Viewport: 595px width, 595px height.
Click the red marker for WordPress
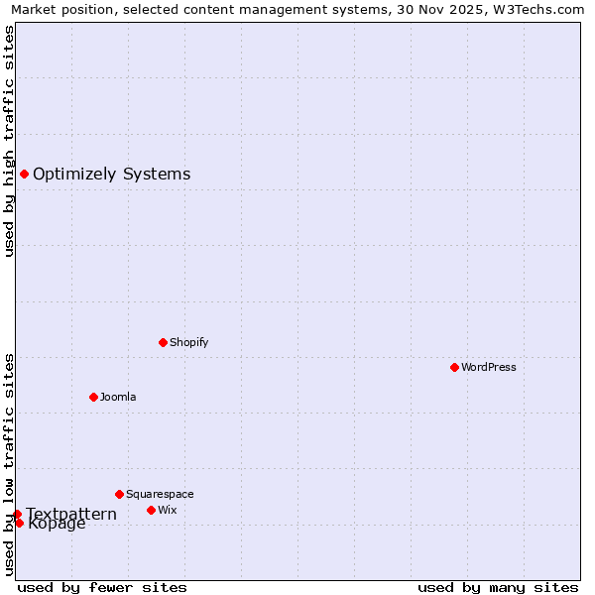pos(454,367)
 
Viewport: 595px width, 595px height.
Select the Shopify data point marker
pos(163,342)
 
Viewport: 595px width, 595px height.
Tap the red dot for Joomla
pos(93,397)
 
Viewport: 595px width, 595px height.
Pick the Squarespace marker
pos(119,494)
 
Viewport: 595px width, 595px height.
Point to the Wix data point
pos(151,510)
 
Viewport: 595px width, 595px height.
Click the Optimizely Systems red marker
pos(24,175)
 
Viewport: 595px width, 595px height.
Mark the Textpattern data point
pos(17,514)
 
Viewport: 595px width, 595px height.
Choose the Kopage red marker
pos(19,523)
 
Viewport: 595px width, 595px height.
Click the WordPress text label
pos(489,367)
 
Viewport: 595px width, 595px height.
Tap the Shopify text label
pos(189,342)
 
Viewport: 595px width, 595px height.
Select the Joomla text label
pos(118,397)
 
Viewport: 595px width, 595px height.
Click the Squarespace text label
pos(160,494)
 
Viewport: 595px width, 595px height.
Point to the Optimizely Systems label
pos(111,175)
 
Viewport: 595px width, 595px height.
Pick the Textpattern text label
pos(71,514)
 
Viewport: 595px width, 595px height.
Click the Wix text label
pos(168,510)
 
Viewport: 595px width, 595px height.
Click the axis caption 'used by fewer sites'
pos(102,587)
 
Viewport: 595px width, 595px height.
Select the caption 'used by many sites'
pos(498,587)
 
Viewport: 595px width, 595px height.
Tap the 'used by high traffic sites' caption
pos(10,141)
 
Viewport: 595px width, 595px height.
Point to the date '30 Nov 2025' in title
pos(444,10)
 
